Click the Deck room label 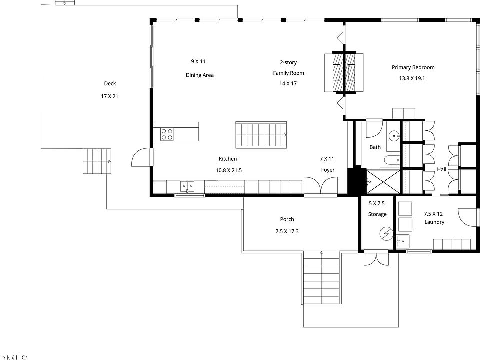pos(110,84)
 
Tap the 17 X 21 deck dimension pos(109,96)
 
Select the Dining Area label pos(200,75)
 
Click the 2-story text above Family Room pos(288,63)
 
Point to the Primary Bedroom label pos(413,67)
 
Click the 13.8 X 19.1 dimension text pos(412,78)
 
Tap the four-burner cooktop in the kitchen pos(167,134)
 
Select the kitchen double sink pos(187,186)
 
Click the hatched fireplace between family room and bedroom pos(344,72)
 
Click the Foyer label pos(328,170)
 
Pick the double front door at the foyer pos(321,185)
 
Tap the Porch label pos(287,220)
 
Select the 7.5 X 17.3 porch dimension pos(287,231)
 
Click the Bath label pos(375,147)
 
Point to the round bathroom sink pos(394,135)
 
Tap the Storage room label pos(377,214)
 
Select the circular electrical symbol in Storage pos(386,234)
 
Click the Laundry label pos(434,222)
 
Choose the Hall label pos(441,170)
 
